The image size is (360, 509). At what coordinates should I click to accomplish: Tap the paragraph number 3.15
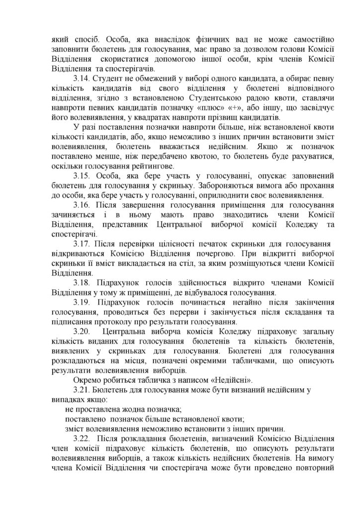click(x=82, y=176)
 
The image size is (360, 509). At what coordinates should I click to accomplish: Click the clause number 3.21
click(x=82, y=390)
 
